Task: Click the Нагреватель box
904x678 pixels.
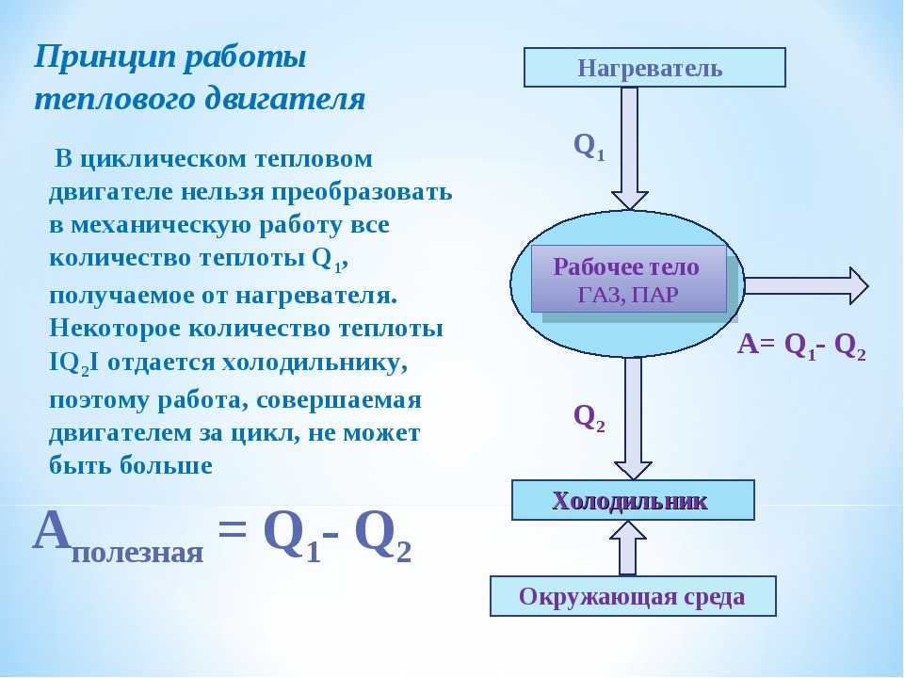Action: (x=654, y=68)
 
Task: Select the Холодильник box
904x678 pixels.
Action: (x=633, y=500)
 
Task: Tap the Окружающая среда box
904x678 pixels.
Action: (x=633, y=596)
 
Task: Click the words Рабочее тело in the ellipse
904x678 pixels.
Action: (x=625, y=266)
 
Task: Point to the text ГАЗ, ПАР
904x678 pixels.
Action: (x=628, y=295)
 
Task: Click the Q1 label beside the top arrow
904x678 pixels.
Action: (x=589, y=147)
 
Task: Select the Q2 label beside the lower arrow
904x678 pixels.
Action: (x=589, y=417)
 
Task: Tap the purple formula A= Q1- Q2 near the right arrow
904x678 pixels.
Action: (x=802, y=346)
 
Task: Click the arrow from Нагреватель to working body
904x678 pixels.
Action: (x=630, y=148)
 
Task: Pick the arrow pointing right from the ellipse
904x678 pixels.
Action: (x=807, y=284)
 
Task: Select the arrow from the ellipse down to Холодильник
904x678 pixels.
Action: (x=633, y=418)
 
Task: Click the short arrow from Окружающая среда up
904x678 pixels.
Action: (x=628, y=548)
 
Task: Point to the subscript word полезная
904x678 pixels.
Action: (x=137, y=553)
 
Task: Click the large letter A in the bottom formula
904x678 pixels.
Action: (x=53, y=530)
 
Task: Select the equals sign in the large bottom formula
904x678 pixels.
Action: (x=233, y=528)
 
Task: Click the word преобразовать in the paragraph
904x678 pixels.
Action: (x=362, y=192)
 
